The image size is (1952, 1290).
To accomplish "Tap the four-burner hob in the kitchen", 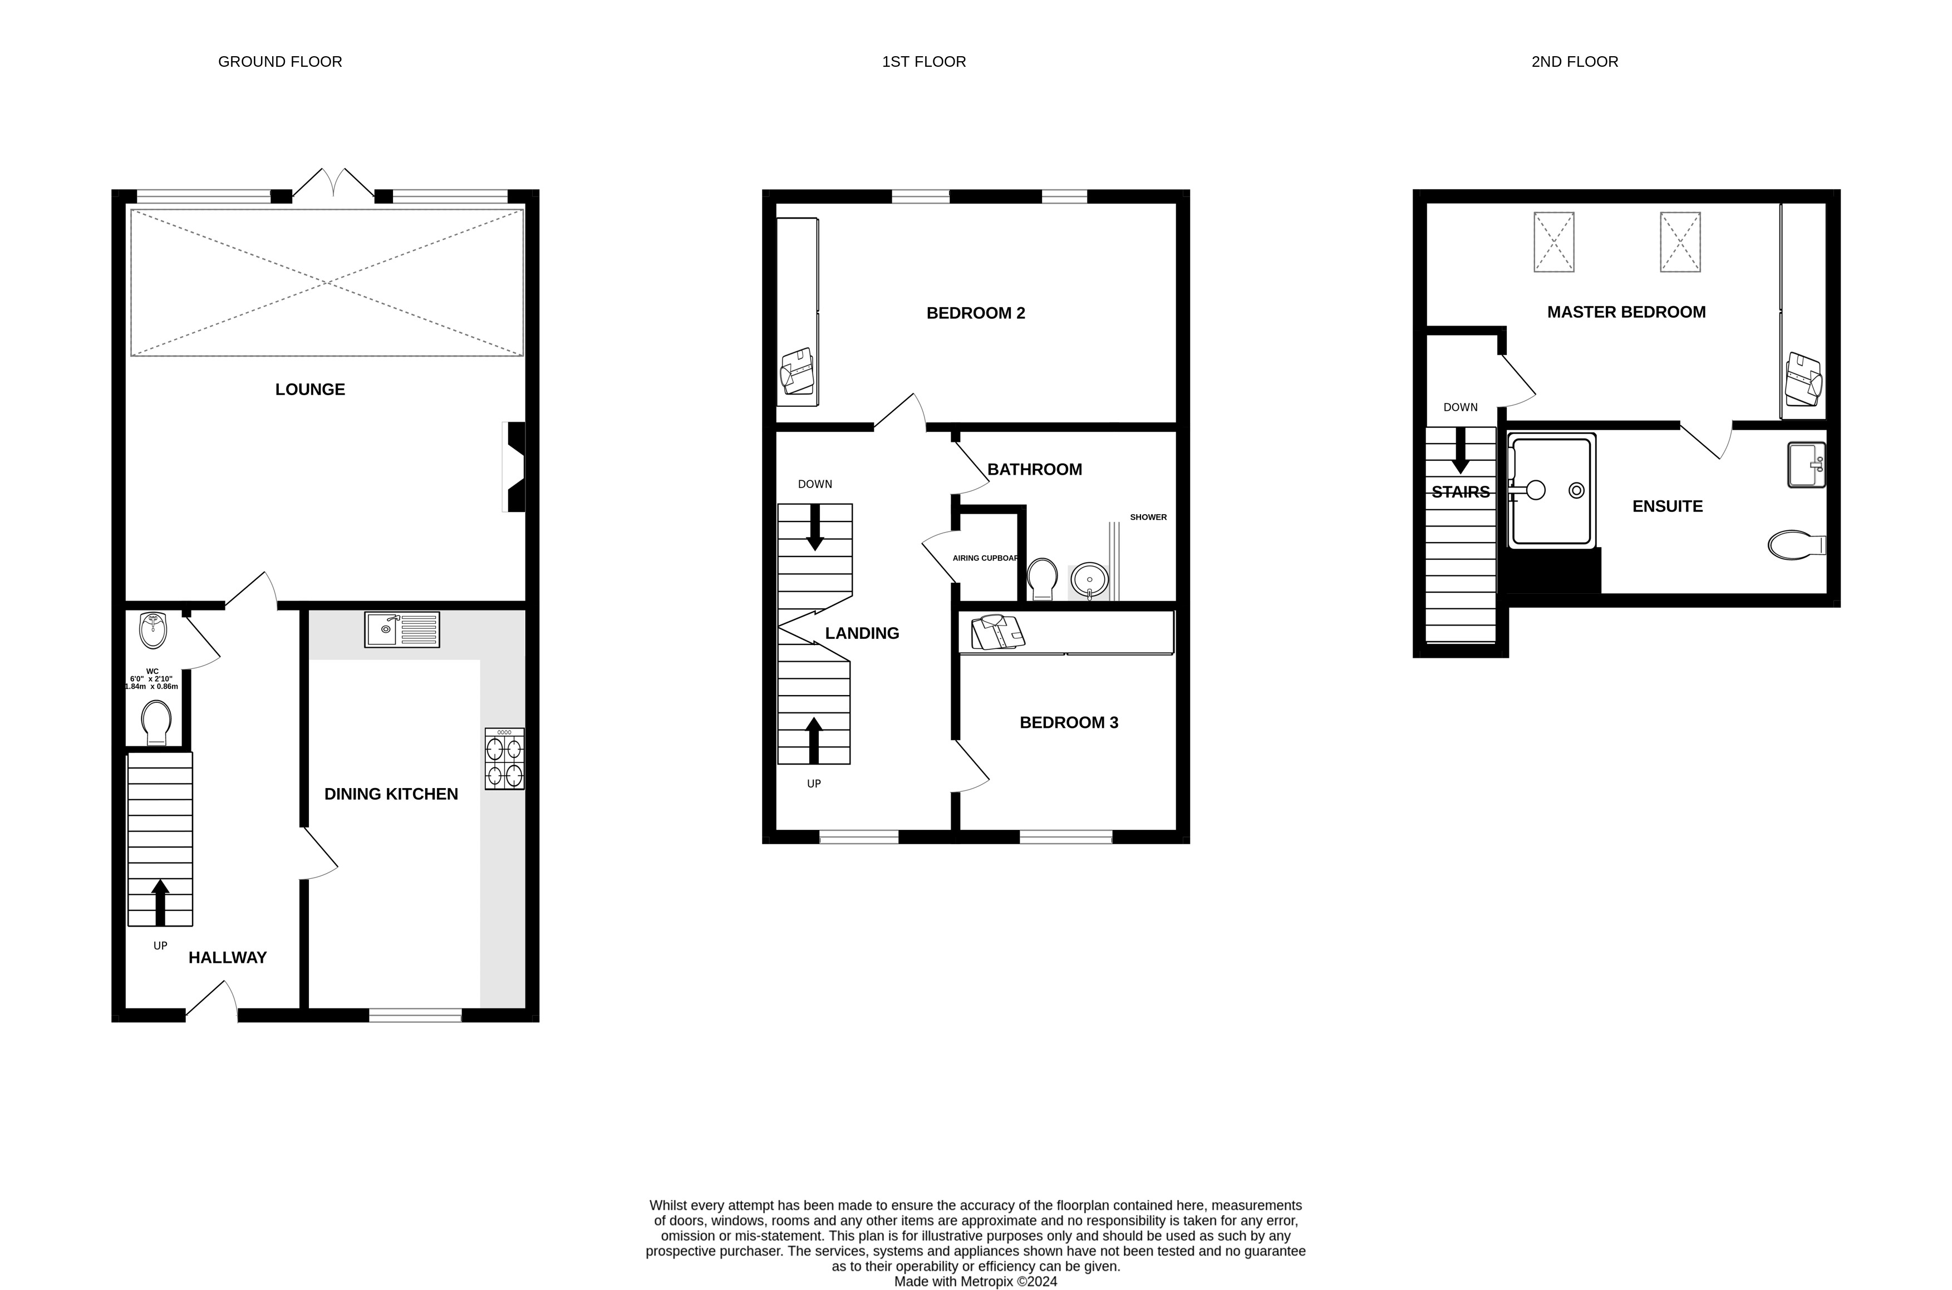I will point(504,759).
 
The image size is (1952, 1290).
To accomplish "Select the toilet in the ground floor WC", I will point(155,721).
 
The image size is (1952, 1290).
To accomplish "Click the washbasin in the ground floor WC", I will point(154,630).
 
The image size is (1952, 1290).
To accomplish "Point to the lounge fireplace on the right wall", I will point(515,467).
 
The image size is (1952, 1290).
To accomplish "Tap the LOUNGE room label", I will point(310,389).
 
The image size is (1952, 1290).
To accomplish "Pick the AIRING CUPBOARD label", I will point(985,558).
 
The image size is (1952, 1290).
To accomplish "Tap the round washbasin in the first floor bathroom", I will point(1089,580).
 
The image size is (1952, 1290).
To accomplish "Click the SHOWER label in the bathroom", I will point(1148,516).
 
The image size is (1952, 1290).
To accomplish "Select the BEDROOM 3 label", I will point(1069,722).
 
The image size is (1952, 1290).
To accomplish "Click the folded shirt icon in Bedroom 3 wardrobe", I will point(997,633).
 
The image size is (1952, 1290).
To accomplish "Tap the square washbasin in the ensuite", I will point(1806,465).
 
